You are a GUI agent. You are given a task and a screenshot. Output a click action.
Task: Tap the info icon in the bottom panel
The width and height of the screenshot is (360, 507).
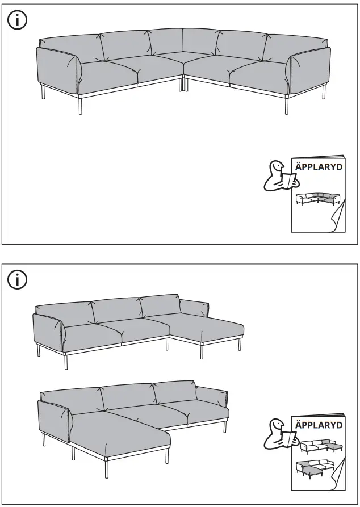coord(18,279)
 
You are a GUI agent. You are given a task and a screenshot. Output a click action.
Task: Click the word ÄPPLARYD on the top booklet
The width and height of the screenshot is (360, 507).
coord(319,167)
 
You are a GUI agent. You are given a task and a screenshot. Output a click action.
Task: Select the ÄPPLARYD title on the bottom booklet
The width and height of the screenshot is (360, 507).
coord(319,425)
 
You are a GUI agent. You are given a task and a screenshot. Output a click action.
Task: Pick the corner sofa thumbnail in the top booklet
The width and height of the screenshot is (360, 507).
coord(317,199)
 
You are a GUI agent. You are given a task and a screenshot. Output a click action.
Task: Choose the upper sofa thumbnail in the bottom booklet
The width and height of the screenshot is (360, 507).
coord(318,447)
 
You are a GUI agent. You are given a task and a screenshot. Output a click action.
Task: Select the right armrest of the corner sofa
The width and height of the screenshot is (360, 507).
coord(309,71)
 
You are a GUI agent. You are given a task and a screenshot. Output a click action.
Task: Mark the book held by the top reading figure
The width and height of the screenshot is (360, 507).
coord(291,181)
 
